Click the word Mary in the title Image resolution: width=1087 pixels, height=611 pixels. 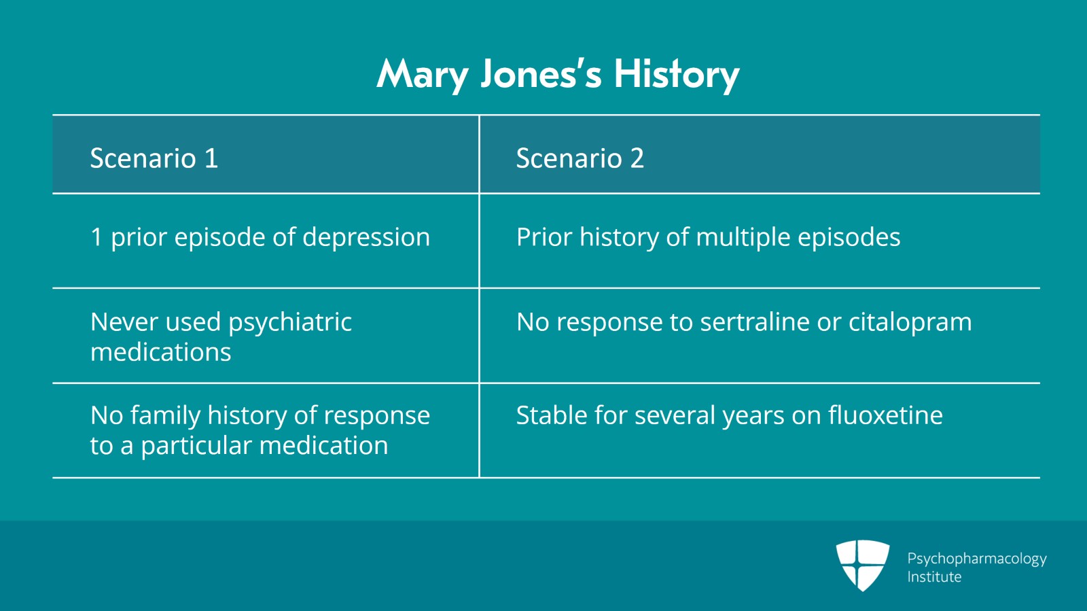(x=422, y=75)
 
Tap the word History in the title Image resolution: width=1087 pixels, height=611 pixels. (x=677, y=75)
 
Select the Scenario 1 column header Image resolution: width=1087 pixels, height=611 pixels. (x=154, y=158)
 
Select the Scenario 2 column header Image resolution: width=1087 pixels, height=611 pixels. (x=580, y=158)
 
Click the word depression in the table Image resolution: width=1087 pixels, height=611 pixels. (x=366, y=237)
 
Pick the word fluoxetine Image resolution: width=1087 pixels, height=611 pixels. (x=885, y=415)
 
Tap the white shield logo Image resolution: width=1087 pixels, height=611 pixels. (x=862, y=565)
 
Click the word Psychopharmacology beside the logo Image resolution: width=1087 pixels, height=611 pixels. (x=977, y=559)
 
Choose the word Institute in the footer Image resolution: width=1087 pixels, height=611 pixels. (x=934, y=577)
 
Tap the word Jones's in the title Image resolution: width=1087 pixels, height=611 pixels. (x=541, y=75)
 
